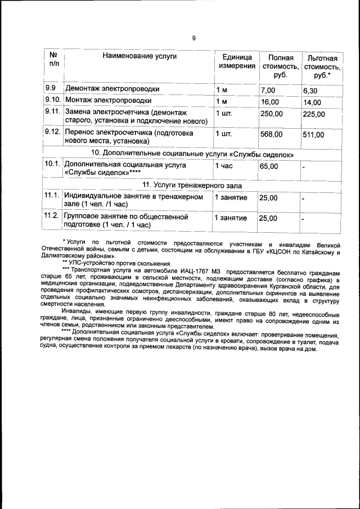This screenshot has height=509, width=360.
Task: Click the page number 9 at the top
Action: click(193, 38)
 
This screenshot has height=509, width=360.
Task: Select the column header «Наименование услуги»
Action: click(139, 56)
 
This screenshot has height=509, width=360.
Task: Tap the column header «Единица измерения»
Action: click(237, 62)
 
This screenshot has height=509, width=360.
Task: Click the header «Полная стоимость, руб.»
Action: click(280, 66)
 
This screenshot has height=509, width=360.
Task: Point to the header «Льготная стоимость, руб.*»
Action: click(322, 67)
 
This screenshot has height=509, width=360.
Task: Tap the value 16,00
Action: click(270, 102)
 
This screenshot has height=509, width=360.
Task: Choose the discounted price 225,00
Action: click(313, 114)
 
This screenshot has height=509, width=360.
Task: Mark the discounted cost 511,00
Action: click(313, 135)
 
